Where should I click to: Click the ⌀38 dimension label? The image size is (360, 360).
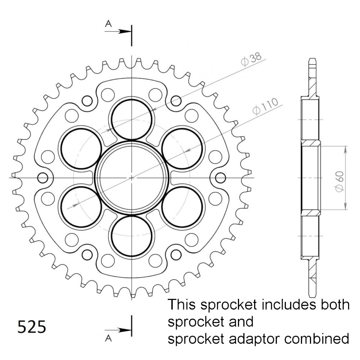(x=251, y=59)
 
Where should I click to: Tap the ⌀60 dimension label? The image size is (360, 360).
(x=339, y=181)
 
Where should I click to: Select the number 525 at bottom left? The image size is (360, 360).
(x=32, y=327)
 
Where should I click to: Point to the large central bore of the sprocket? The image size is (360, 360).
(x=131, y=178)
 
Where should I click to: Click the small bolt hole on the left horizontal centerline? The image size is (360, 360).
(x=43, y=178)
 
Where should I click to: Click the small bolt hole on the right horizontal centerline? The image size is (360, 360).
(x=221, y=178)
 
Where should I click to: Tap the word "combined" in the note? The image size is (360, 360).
(x=317, y=339)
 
